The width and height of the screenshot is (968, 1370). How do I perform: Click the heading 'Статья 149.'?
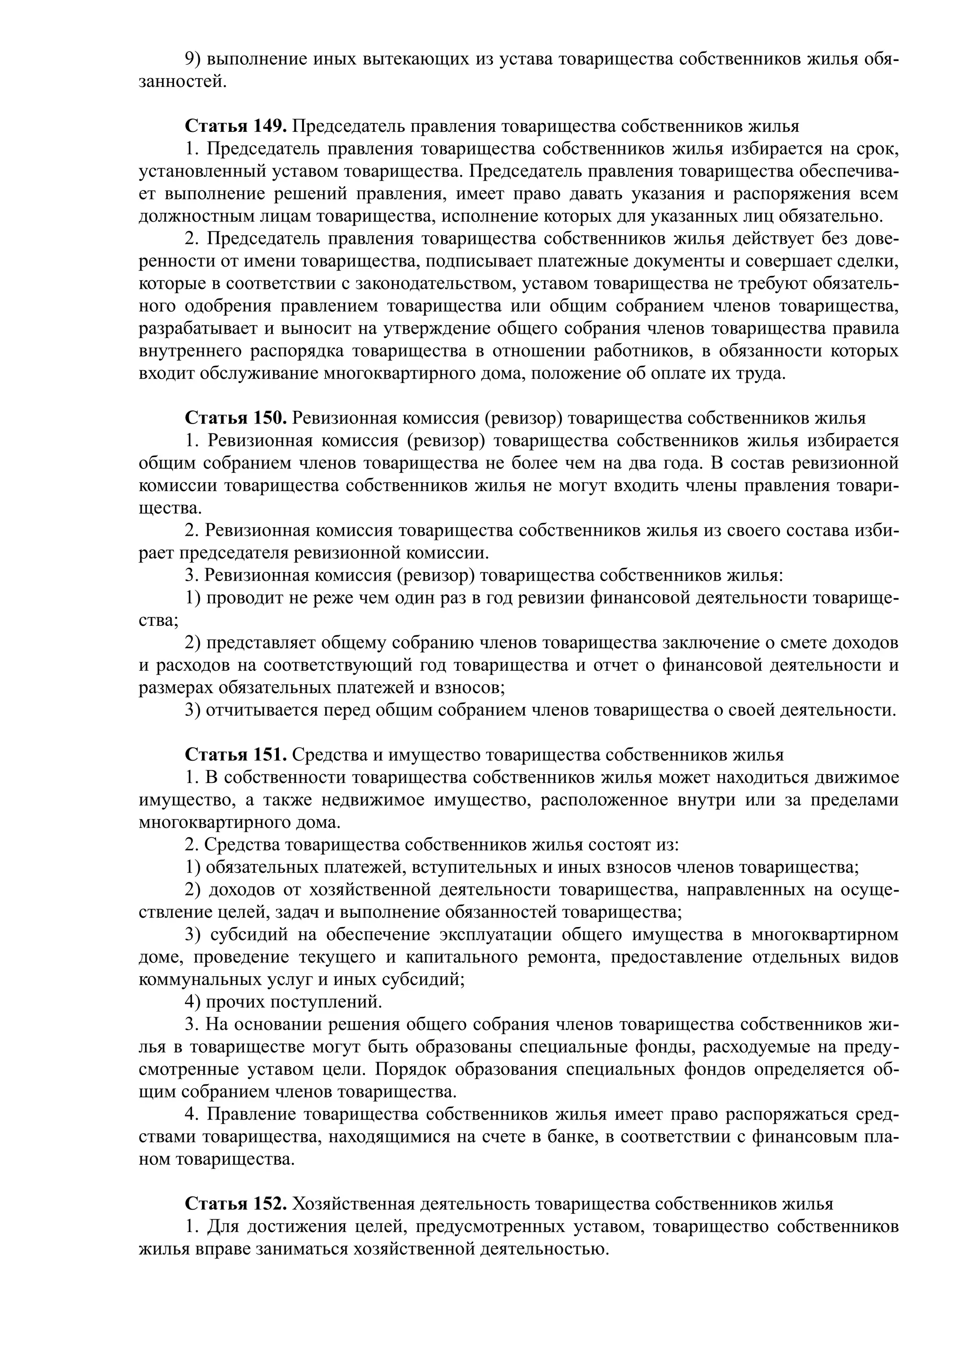click(x=236, y=126)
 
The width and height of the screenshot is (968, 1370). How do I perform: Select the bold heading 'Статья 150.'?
click(x=236, y=418)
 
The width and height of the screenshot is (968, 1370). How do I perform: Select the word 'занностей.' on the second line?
click(x=182, y=82)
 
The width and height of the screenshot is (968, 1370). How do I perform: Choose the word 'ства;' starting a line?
click(x=158, y=620)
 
